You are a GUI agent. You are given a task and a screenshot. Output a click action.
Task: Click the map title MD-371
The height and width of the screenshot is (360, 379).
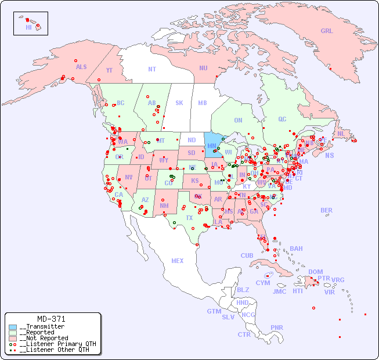51,319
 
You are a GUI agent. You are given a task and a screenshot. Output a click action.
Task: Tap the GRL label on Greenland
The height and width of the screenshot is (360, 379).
327,31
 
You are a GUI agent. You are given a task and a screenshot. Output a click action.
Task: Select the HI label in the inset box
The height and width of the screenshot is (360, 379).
28,27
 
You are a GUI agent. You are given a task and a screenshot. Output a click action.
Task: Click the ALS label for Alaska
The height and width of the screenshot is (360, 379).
81,67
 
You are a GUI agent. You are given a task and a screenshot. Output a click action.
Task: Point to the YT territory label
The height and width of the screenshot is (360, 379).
109,70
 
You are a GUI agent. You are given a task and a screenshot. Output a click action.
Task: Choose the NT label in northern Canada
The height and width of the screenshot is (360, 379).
151,69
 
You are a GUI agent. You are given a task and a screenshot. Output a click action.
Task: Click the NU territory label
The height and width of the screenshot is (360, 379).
203,68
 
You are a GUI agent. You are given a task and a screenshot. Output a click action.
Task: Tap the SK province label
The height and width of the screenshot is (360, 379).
179,103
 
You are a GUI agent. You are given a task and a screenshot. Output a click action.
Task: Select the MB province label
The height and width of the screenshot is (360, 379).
203,103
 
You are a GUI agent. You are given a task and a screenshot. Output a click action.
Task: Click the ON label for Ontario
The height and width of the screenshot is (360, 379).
238,120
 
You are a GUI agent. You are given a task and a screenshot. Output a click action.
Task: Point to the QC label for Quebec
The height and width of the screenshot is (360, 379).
282,119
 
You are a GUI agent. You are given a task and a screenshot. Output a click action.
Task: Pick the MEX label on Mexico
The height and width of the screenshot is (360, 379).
178,261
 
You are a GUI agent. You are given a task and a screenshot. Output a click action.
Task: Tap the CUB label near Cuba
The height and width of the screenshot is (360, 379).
247,255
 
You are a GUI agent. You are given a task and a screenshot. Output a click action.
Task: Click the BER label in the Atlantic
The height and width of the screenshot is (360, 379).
326,210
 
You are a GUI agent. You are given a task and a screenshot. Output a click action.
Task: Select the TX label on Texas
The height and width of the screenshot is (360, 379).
189,218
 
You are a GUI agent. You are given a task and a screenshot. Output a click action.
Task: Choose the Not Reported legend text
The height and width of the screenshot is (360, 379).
44,338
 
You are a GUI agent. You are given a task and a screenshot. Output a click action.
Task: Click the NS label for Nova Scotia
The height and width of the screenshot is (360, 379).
329,155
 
